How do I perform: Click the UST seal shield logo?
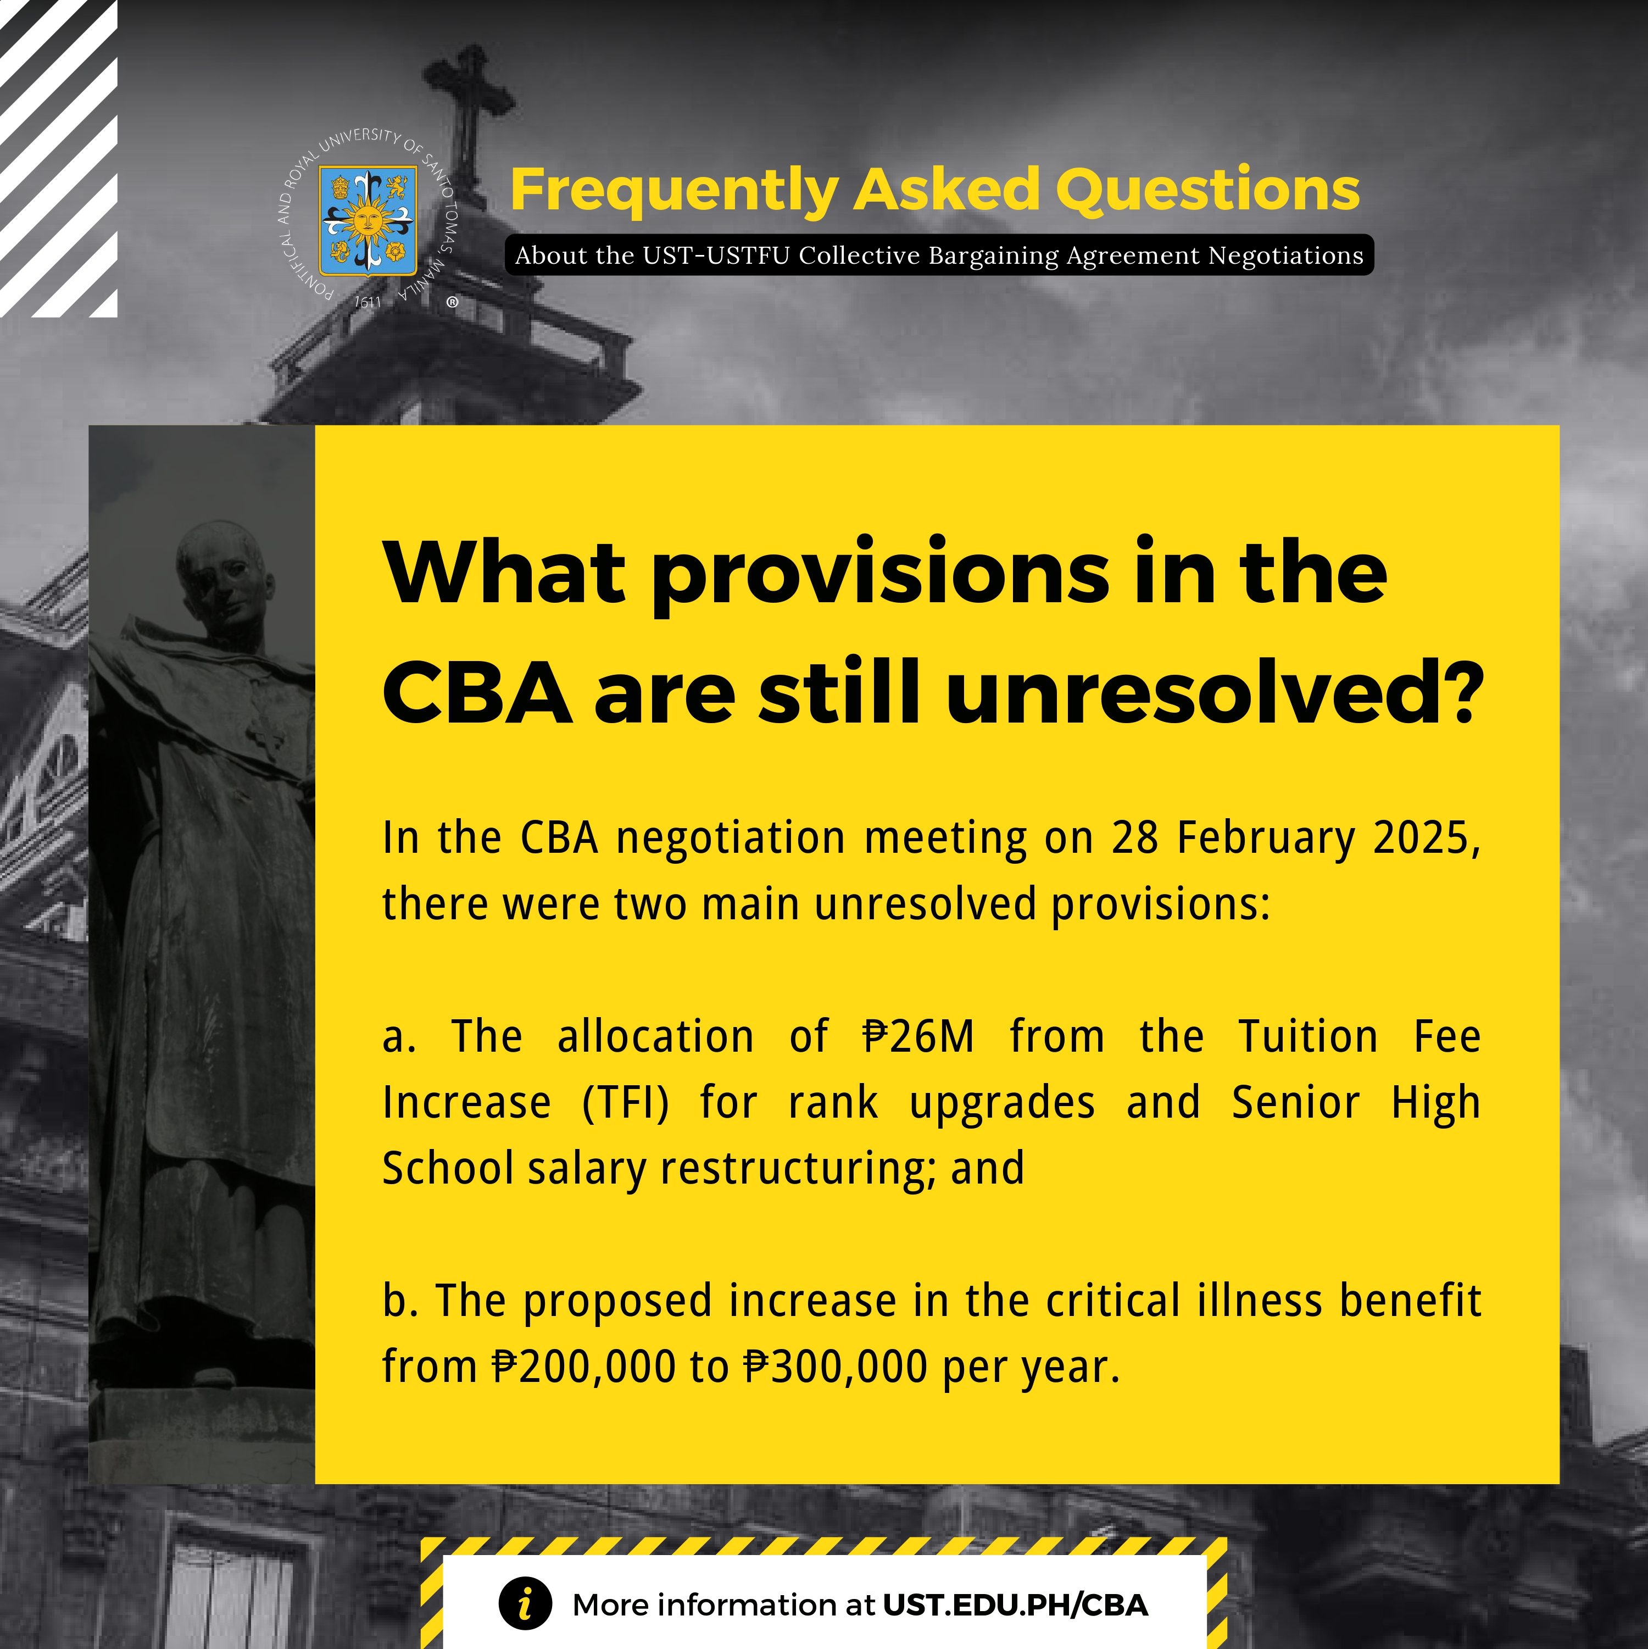[x=368, y=220]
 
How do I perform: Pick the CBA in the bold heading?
[x=476, y=693]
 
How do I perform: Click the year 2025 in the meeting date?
[x=1426, y=837]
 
